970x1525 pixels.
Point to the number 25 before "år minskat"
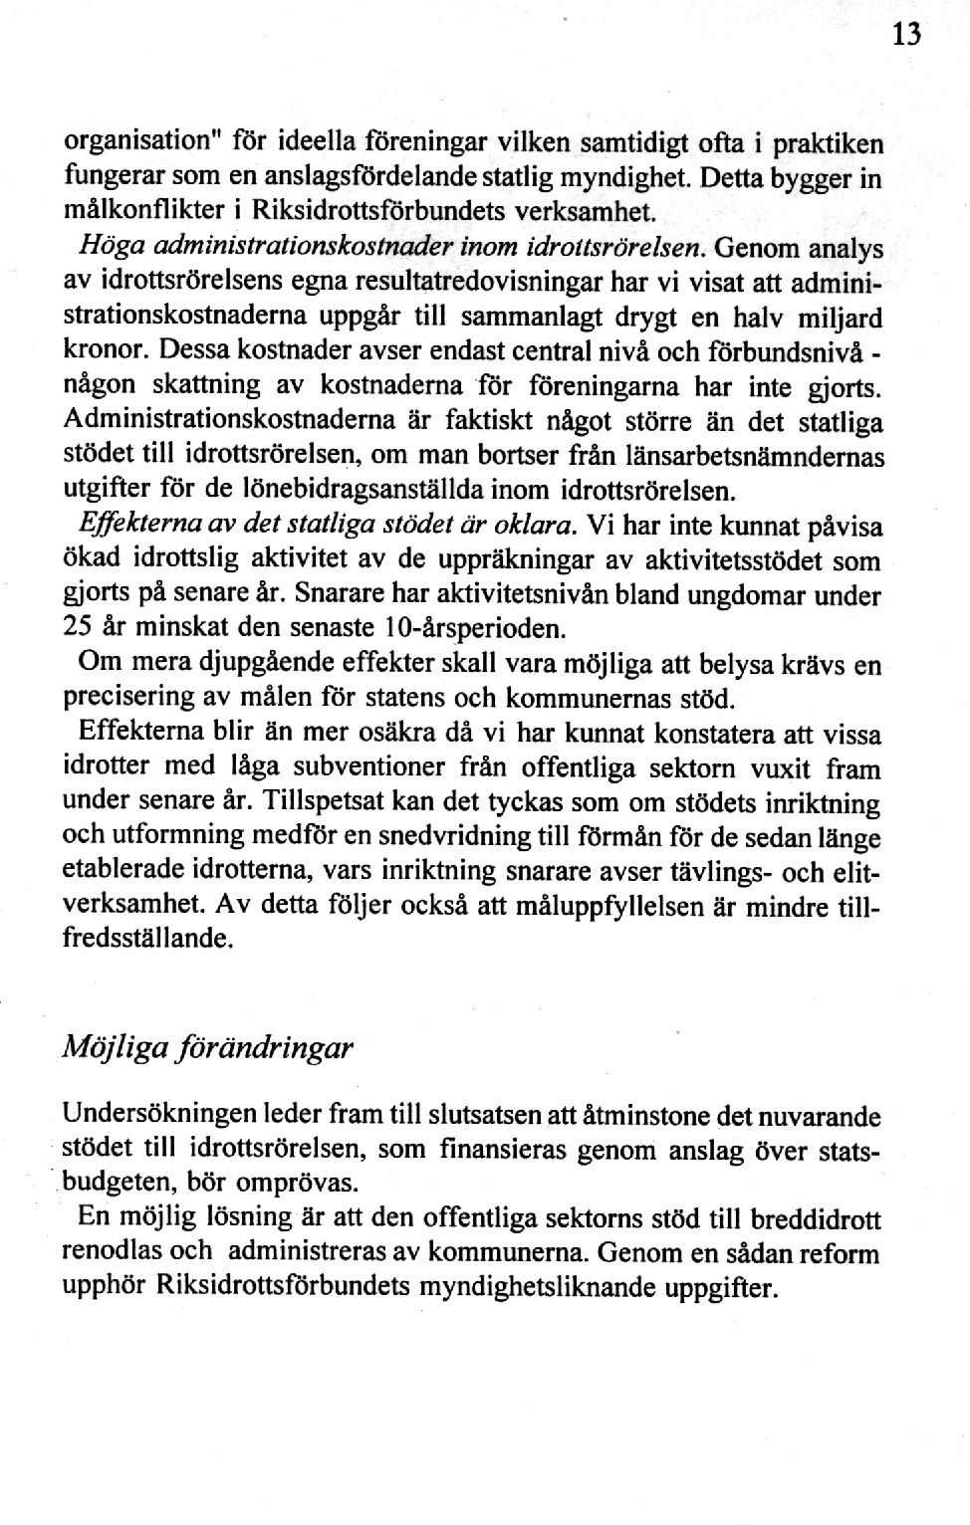(79, 631)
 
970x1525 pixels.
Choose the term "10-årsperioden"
(488, 631)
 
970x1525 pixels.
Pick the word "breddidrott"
(816, 1219)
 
